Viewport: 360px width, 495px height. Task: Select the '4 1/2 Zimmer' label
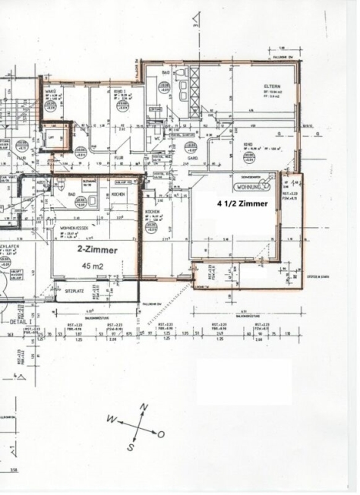(x=242, y=204)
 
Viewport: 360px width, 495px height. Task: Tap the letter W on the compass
(x=111, y=418)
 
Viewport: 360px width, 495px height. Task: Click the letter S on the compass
(x=130, y=448)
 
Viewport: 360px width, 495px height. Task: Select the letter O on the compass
(x=161, y=434)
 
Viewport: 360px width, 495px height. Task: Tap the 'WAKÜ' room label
(x=51, y=91)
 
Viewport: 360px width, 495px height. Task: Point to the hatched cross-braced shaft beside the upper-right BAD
(x=194, y=91)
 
